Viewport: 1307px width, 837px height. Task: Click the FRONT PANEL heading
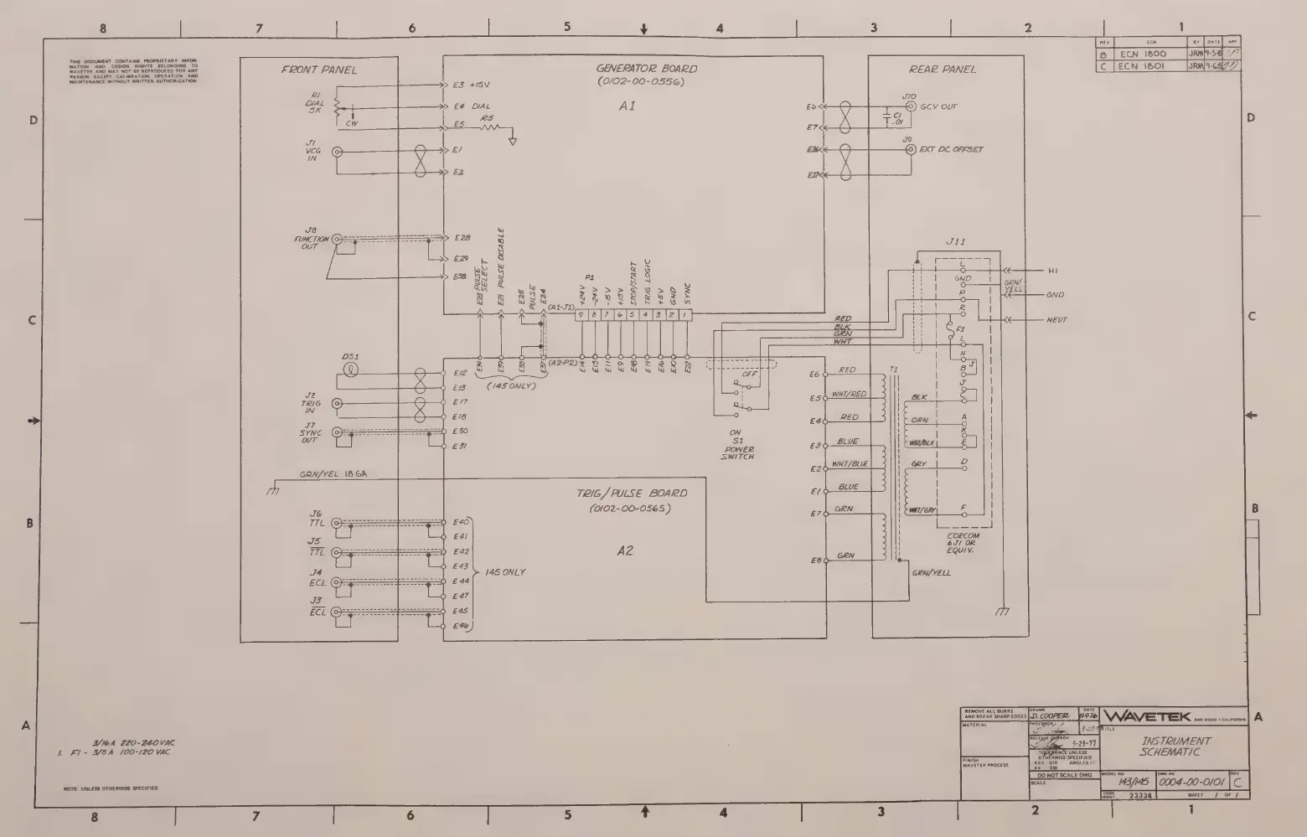(318, 70)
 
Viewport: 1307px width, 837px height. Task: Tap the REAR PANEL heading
(943, 70)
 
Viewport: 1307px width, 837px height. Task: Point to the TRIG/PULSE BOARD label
(631, 493)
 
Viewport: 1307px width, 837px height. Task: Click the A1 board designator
(627, 106)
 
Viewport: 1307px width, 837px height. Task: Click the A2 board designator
(625, 550)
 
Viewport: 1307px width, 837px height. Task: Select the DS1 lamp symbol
(352, 369)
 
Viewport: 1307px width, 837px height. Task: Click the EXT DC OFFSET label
(951, 149)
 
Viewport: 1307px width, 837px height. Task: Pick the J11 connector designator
(955, 241)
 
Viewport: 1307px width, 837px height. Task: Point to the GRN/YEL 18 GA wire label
(333, 474)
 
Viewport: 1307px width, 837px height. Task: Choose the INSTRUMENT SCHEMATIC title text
(1175, 747)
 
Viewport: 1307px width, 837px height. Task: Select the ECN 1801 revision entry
(1142, 65)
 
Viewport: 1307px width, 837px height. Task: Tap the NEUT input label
(1056, 320)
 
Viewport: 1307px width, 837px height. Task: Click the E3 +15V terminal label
(470, 85)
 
